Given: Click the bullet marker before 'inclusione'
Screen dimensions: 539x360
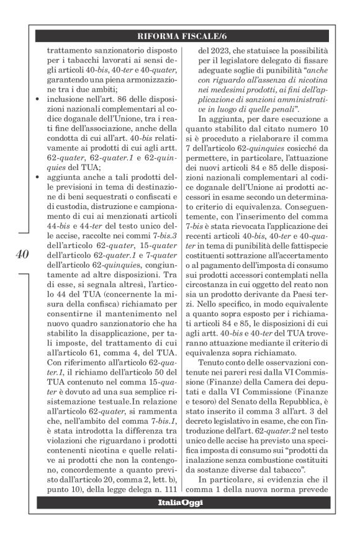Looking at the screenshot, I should click(x=40, y=99).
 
